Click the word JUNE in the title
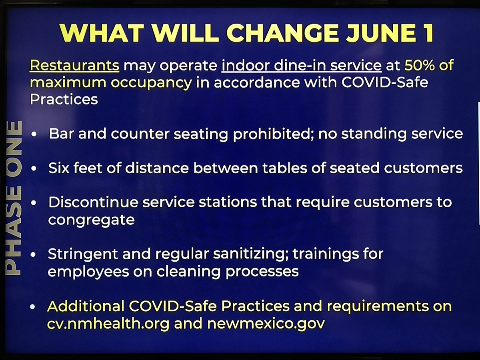click(x=380, y=33)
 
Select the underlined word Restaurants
click(x=74, y=65)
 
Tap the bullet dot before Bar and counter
click(x=34, y=134)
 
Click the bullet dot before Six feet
click(x=34, y=168)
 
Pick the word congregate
click(x=92, y=220)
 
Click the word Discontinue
click(x=93, y=202)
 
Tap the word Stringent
click(x=83, y=254)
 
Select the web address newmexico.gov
click(x=266, y=324)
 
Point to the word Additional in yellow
click(x=86, y=306)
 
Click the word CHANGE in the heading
click(x=283, y=33)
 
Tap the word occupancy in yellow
click(x=151, y=83)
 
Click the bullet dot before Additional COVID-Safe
click(x=32, y=307)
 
